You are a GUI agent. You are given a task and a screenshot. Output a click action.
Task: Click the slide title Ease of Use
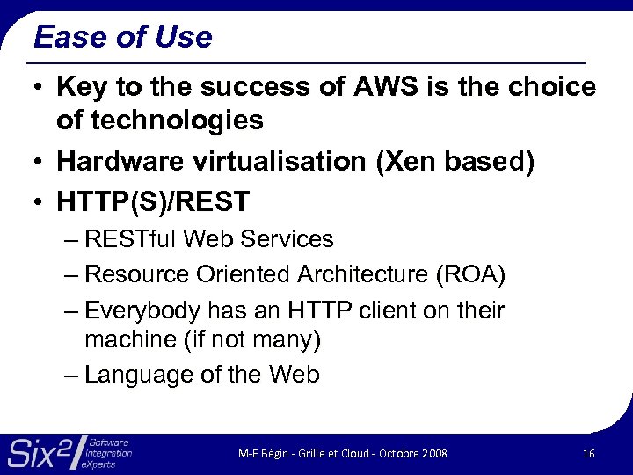pyautogui.click(x=122, y=37)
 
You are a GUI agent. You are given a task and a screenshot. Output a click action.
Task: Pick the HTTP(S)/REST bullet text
pyautogui.click(x=153, y=202)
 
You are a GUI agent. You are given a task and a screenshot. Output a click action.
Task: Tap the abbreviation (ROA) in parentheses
pyautogui.click(x=470, y=274)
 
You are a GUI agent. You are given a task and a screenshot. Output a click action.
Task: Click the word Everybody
pyautogui.click(x=142, y=311)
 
